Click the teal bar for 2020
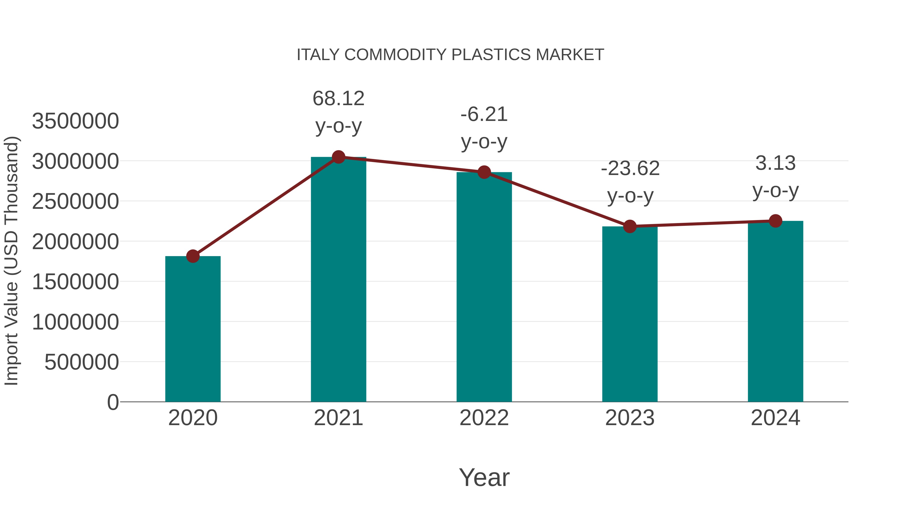point(193,329)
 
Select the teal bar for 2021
point(338,280)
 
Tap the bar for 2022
point(484,287)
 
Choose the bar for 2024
point(775,311)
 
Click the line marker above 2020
point(193,256)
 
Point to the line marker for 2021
point(338,157)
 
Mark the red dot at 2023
point(630,226)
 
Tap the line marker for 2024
point(775,221)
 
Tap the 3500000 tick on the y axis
point(75,121)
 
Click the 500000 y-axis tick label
point(82,362)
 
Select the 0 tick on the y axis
point(113,402)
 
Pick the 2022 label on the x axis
point(484,418)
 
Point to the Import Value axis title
point(11,261)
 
